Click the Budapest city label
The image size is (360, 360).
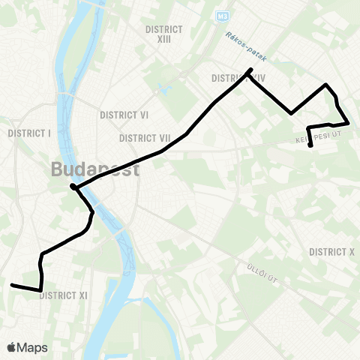pos(95,169)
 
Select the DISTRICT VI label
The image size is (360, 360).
pos(124,115)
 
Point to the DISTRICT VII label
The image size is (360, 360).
pos(145,138)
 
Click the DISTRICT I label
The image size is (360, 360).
pos(28,133)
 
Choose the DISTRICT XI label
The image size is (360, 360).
pos(63,295)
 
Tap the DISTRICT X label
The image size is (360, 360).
pos(331,252)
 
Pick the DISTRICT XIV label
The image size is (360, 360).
pos(233,78)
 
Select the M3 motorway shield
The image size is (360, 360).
pos(221,15)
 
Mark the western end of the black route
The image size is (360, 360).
pos(11,285)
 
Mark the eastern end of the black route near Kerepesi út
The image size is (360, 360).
pos(310,145)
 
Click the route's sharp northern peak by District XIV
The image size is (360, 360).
pos(250,70)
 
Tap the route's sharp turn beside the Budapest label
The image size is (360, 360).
pos(72,186)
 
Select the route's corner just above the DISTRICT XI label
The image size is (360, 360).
pos(40,289)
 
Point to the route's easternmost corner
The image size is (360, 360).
pos(349,122)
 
